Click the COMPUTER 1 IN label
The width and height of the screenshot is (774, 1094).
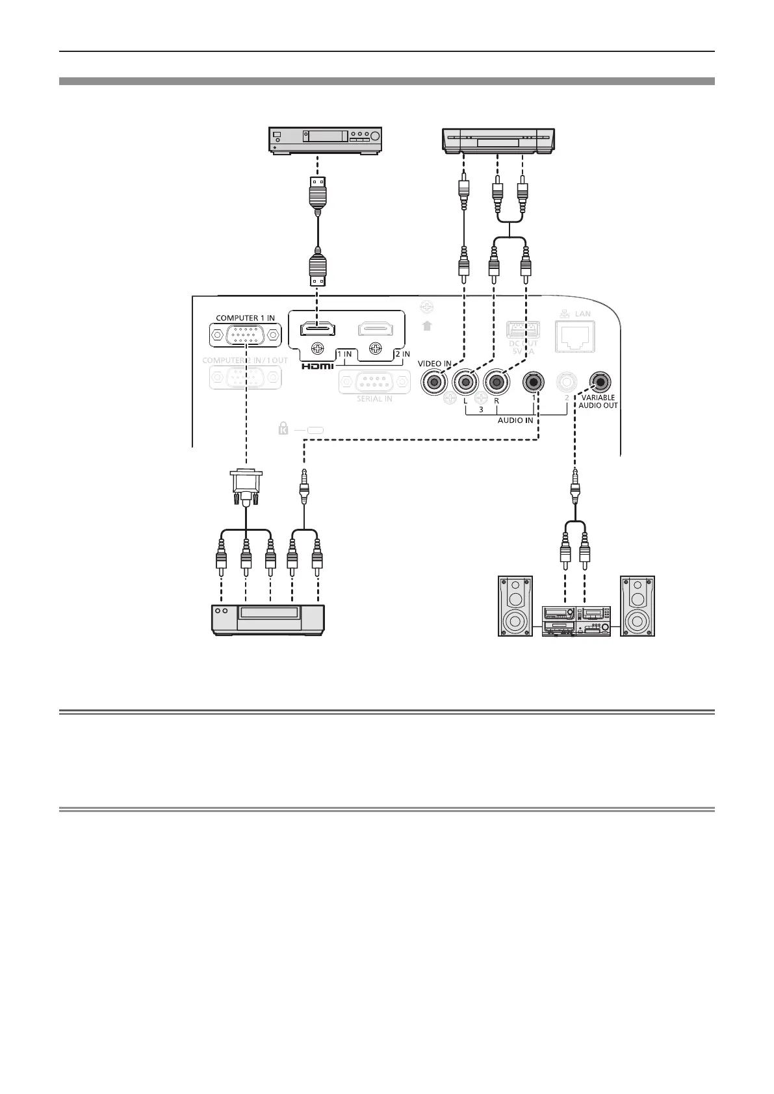[x=245, y=318]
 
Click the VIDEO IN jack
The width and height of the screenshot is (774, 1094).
[x=434, y=382]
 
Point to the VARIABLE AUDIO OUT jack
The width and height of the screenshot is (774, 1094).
[x=599, y=381]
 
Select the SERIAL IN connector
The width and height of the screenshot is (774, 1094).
[x=374, y=382]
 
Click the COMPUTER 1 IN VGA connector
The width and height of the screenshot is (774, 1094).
[x=246, y=336]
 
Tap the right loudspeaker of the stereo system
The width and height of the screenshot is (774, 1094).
[x=638, y=605]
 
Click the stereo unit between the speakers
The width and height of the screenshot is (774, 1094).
[x=576, y=620]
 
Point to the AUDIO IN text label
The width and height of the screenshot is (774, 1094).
[x=517, y=420]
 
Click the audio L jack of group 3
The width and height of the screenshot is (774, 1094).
[x=465, y=382]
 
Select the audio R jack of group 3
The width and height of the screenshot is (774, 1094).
[x=497, y=382]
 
